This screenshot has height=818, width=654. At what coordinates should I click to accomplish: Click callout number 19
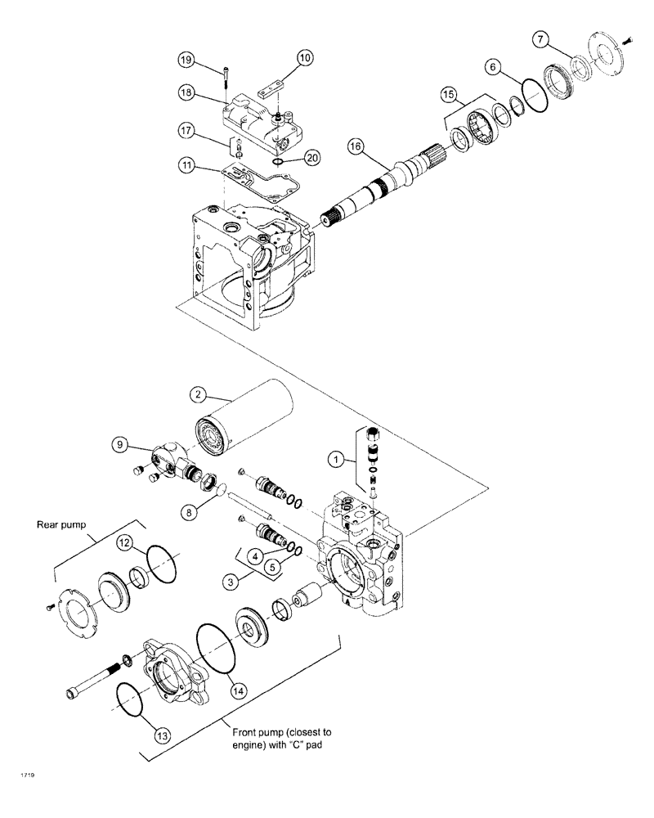pyautogui.click(x=186, y=60)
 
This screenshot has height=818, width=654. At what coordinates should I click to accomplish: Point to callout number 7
pyautogui.click(x=540, y=38)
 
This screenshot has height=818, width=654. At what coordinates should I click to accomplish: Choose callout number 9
pyautogui.click(x=121, y=444)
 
